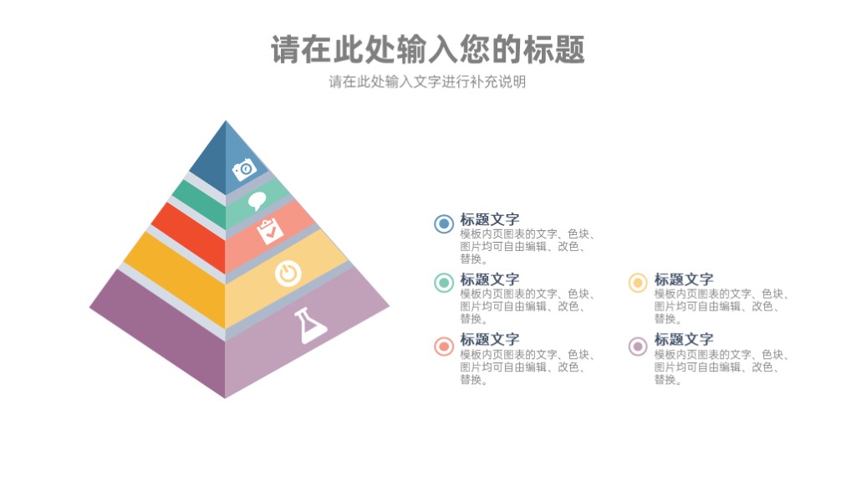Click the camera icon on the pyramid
pos(245,169)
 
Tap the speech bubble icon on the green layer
pos(257,201)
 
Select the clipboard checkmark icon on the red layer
pos(270,231)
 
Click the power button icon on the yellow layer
pos(288,274)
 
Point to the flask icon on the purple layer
pos(310,326)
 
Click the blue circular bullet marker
pos(444,223)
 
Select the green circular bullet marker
pos(444,283)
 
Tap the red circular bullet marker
pos(444,346)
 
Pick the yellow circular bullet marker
pos(638,283)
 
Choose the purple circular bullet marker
pos(638,346)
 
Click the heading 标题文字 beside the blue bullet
pos(490,220)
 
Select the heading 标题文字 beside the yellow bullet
pos(684,279)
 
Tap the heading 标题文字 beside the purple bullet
pos(684,340)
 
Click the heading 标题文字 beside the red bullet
pos(490,340)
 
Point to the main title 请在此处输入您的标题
pos(428,49)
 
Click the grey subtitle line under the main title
pos(427,82)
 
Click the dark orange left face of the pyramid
pos(175,279)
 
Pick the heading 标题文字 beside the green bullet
pos(490,279)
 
